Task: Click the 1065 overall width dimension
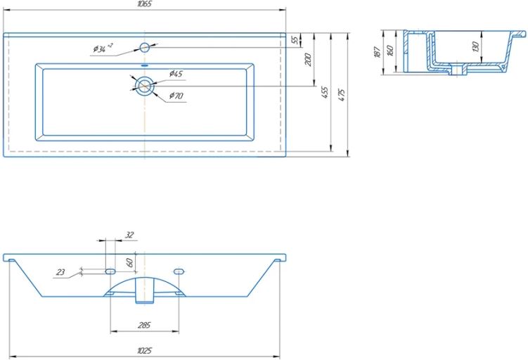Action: pos(144,4)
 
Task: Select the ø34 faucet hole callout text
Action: pos(103,49)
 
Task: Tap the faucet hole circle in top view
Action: pos(144,47)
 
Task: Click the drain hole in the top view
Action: pos(144,86)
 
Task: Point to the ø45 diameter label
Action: pos(176,73)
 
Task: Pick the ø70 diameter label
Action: pos(176,96)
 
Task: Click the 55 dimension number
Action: pos(295,40)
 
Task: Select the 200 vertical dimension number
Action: pos(308,59)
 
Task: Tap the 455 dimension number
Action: pos(325,92)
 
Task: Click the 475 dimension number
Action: pos(342,96)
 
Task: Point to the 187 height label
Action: pos(377,52)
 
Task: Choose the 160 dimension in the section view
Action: pos(391,51)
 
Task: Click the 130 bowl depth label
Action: pos(475,46)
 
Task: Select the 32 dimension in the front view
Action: pos(129,235)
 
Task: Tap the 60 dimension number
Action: pos(130,262)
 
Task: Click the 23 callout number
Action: pos(60,272)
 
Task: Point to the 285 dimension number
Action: pos(144,326)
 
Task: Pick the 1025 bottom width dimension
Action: pos(144,351)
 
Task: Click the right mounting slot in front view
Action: pos(179,271)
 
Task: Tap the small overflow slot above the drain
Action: pos(144,65)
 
